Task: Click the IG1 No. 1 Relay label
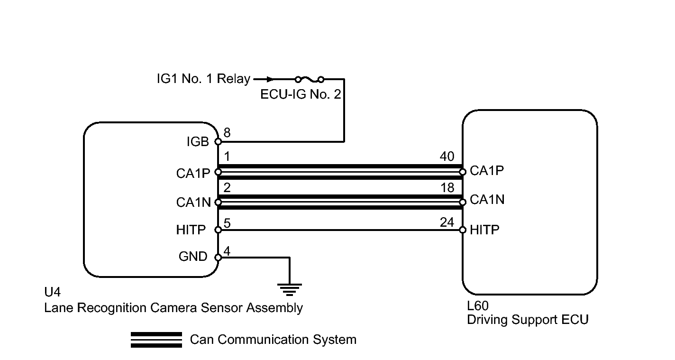tap(203, 79)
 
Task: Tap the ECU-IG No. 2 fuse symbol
tap(309, 79)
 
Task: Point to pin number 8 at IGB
tap(228, 133)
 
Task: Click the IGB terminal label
tap(198, 142)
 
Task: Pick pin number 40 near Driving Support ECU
tap(447, 157)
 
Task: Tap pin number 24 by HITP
tap(447, 222)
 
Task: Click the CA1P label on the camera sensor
tap(192, 174)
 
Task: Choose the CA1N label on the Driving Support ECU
tap(487, 200)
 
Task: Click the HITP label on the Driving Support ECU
tap(484, 230)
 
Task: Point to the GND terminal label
tap(193, 257)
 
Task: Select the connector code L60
tap(478, 306)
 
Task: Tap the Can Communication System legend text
tap(273, 340)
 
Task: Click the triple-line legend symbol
tap(156, 340)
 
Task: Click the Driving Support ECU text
tap(528, 320)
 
